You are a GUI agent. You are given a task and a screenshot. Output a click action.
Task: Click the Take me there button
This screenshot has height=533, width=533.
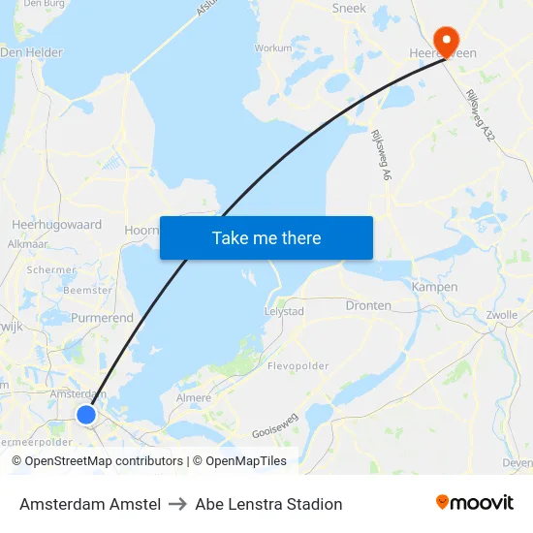266,237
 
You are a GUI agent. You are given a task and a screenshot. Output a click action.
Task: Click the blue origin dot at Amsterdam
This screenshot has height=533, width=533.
86,415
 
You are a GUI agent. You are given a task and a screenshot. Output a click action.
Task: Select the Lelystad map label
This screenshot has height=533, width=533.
284,312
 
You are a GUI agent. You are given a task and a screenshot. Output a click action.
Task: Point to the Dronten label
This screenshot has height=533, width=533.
368,305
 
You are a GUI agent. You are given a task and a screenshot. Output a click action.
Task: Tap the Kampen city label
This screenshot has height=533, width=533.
434,287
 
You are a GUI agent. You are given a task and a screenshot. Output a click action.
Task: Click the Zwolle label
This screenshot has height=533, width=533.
502,315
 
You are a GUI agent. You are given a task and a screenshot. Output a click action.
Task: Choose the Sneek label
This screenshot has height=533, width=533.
349,8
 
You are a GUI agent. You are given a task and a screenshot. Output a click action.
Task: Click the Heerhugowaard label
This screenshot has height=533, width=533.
56,225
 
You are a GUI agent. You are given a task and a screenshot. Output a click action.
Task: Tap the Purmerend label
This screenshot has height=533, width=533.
102,318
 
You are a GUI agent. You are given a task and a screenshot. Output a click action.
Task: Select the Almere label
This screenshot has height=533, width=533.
194,398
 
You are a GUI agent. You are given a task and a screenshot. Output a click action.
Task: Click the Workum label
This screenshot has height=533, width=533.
272,47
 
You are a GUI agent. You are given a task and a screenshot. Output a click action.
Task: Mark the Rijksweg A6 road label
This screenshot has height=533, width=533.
379,156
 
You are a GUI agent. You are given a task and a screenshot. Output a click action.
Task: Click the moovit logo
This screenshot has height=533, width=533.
475,503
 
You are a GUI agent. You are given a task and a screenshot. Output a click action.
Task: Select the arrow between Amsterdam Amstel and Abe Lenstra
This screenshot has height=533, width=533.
177,504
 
